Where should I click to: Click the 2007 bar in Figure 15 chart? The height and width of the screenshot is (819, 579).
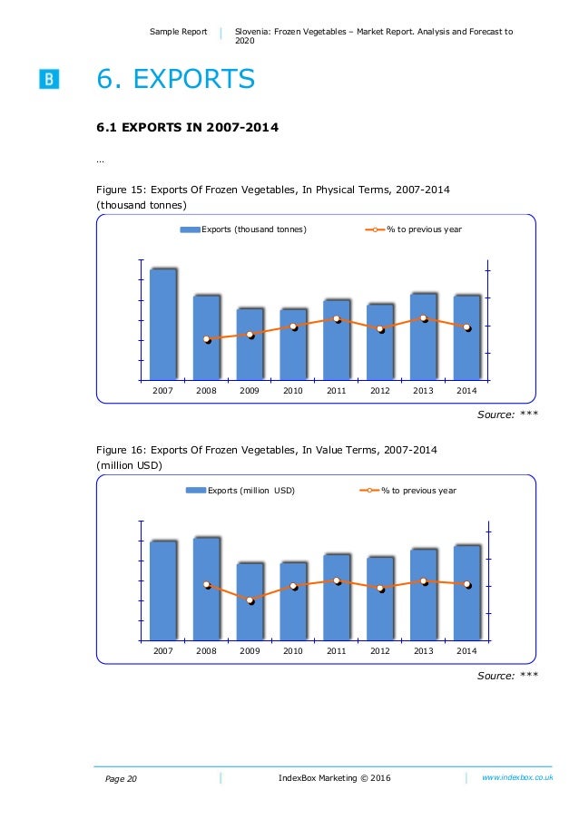click(x=163, y=324)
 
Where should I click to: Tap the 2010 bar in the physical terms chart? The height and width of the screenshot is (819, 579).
click(x=293, y=344)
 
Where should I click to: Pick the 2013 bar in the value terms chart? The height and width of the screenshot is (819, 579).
click(x=424, y=594)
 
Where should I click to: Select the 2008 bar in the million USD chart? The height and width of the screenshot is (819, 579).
click(x=207, y=589)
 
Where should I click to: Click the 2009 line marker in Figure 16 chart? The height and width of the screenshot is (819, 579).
click(x=250, y=600)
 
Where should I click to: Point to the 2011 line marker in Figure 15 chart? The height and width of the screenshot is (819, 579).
click(x=337, y=319)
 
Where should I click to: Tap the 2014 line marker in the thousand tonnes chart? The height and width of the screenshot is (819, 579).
click(x=467, y=327)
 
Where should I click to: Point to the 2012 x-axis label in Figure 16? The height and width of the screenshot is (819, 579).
click(x=380, y=651)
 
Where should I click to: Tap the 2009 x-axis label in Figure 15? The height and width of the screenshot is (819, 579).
click(x=250, y=390)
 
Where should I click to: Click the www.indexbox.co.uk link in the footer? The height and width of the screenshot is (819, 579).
click(x=517, y=777)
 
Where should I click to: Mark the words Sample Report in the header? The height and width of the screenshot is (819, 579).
click(x=180, y=32)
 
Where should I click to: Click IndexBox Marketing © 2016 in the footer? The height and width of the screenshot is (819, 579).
click(x=336, y=778)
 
